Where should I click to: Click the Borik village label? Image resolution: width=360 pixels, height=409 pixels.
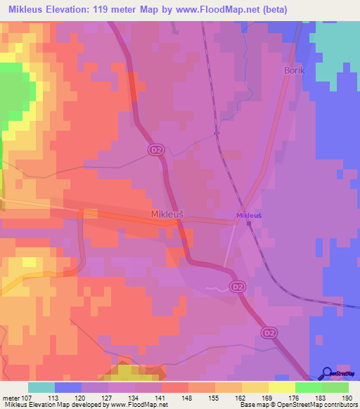click(293, 72)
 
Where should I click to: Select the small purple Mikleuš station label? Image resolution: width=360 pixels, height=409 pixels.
click(249, 215)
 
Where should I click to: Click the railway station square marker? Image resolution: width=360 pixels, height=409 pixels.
click(249, 224)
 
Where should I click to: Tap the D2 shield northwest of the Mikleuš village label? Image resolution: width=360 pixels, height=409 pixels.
click(155, 149)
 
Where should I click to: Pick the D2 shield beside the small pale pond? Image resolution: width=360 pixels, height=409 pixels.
click(237, 287)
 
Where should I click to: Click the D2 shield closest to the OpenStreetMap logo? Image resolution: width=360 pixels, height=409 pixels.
click(268, 332)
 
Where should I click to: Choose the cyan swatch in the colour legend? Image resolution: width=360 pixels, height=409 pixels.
click(41, 387)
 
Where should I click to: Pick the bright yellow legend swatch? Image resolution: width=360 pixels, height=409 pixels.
click(282, 387)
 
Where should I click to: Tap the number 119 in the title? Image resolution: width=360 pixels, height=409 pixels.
click(98, 9)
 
